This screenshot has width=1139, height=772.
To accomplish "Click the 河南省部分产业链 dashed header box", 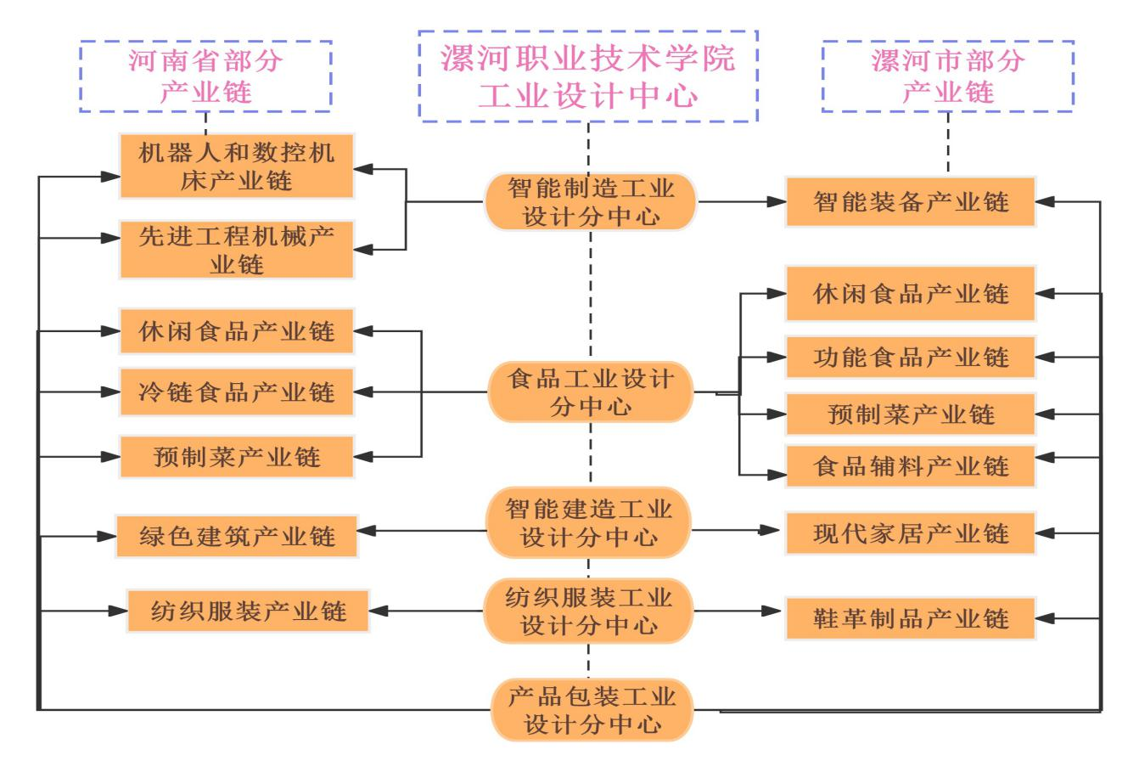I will click(205, 76).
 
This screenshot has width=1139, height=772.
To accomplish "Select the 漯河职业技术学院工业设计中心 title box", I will click(588, 76).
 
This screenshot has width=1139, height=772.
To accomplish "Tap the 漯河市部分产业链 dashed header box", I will click(948, 76).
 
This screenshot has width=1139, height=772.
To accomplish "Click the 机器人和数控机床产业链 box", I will click(236, 166).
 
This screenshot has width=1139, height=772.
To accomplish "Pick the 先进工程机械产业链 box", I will click(236, 249).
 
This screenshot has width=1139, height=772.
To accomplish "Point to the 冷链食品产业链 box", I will click(236, 392).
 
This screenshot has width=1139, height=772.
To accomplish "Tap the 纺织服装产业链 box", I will click(249, 611).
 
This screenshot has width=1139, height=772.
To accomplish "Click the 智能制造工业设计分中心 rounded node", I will click(591, 201).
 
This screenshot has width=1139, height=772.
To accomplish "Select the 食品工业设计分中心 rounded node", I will click(591, 392).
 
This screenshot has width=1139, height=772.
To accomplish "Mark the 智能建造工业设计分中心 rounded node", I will click(591, 522).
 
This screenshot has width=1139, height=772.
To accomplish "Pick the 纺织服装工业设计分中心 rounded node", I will click(591, 611).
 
